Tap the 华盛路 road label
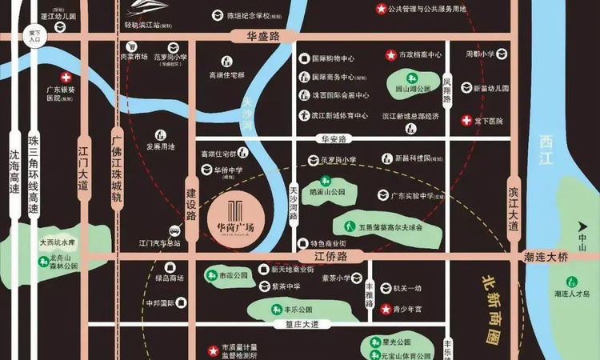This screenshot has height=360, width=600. click(257, 36)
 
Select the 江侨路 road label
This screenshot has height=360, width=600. click(331, 256)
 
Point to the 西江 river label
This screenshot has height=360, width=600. click(547, 146)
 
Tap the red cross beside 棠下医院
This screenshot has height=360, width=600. click(466, 121)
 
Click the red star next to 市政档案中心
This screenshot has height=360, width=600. click(390, 55)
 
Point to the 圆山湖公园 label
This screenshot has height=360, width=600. click(414, 89)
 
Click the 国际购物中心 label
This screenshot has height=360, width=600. click(333, 58)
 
